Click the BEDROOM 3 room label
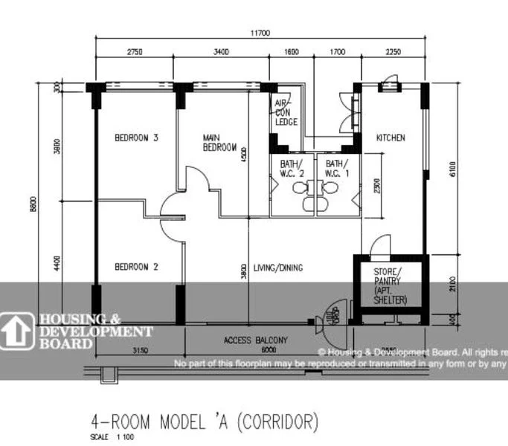point(136,138)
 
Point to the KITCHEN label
point(390,138)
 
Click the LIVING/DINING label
point(278,268)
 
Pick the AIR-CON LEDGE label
point(286,112)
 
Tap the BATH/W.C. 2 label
point(291,168)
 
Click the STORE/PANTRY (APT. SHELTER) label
point(390,286)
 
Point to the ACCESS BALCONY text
point(256,340)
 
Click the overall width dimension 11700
point(260,33)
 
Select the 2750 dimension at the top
point(134,52)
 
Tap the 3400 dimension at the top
point(221,52)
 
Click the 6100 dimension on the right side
point(451,169)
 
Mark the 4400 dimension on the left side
point(58,263)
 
